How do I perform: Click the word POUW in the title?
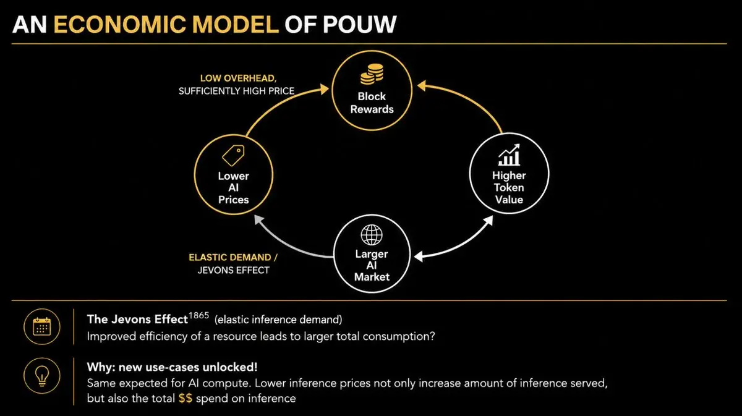pyautogui.click(x=360, y=25)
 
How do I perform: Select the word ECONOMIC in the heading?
pyautogui.click(x=119, y=25)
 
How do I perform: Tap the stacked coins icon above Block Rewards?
pyautogui.click(x=372, y=74)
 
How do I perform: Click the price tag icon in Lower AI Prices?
pyautogui.click(x=233, y=155)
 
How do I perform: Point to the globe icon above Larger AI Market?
pyautogui.click(x=372, y=235)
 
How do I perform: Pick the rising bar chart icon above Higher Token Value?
pyautogui.click(x=509, y=155)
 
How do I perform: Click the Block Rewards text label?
pyautogui.click(x=372, y=103)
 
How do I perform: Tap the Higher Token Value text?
pyautogui.click(x=509, y=187)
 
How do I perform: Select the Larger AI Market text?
pyautogui.click(x=372, y=265)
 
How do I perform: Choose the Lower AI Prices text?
pyautogui.click(x=233, y=188)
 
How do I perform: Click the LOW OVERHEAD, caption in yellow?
pyautogui.click(x=238, y=78)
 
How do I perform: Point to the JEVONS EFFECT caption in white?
pyautogui.click(x=233, y=270)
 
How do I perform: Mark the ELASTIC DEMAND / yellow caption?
pyautogui.click(x=233, y=257)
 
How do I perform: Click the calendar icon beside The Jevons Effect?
pyautogui.click(x=42, y=327)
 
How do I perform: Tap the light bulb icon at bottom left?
pyautogui.click(x=42, y=376)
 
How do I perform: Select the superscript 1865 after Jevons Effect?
pyautogui.click(x=198, y=315)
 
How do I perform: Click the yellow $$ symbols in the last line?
pyautogui.click(x=185, y=398)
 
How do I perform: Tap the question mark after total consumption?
pyautogui.click(x=432, y=336)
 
